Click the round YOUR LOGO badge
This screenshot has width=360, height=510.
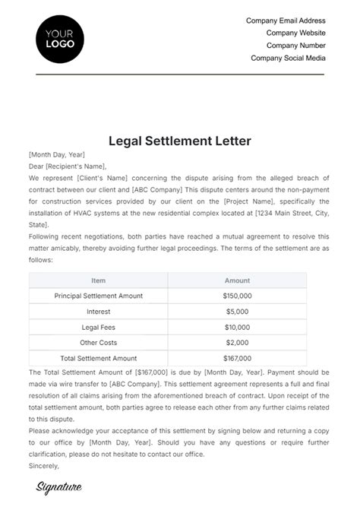click(x=60, y=38)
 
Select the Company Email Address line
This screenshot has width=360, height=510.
click(x=286, y=21)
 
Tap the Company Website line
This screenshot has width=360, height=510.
click(x=295, y=33)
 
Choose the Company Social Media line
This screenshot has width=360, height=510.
click(x=288, y=58)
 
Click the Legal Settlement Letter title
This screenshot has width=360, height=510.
click(x=180, y=141)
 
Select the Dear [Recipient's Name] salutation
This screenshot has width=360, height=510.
click(x=68, y=166)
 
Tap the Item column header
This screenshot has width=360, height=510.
click(x=99, y=280)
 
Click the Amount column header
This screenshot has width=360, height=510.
click(x=238, y=280)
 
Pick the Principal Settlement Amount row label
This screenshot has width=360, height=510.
click(x=99, y=296)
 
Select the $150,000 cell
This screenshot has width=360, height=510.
click(x=238, y=296)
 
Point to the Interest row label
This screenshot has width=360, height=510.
click(x=99, y=311)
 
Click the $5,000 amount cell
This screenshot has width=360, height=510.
click(x=238, y=311)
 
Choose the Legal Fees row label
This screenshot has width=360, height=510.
click(x=99, y=327)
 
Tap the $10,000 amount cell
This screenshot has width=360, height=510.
click(x=238, y=327)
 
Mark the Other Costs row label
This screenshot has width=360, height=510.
click(x=99, y=342)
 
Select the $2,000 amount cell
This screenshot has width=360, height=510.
click(x=238, y=342)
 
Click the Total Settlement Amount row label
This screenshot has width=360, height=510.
click(x=99, y=357)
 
